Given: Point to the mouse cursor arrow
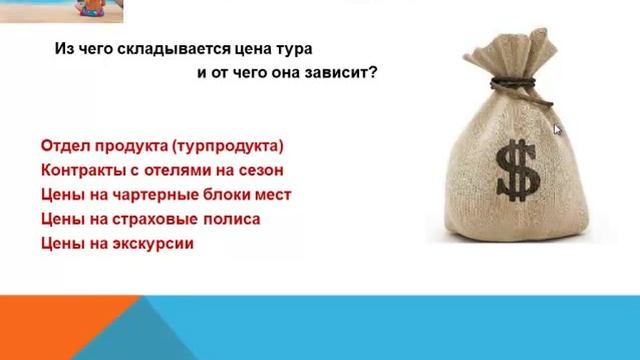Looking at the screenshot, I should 558,128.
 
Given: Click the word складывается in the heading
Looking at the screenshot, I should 162,48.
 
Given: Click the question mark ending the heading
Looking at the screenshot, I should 373,74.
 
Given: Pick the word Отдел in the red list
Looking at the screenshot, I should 64,145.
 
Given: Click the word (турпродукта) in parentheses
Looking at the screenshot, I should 228,145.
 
